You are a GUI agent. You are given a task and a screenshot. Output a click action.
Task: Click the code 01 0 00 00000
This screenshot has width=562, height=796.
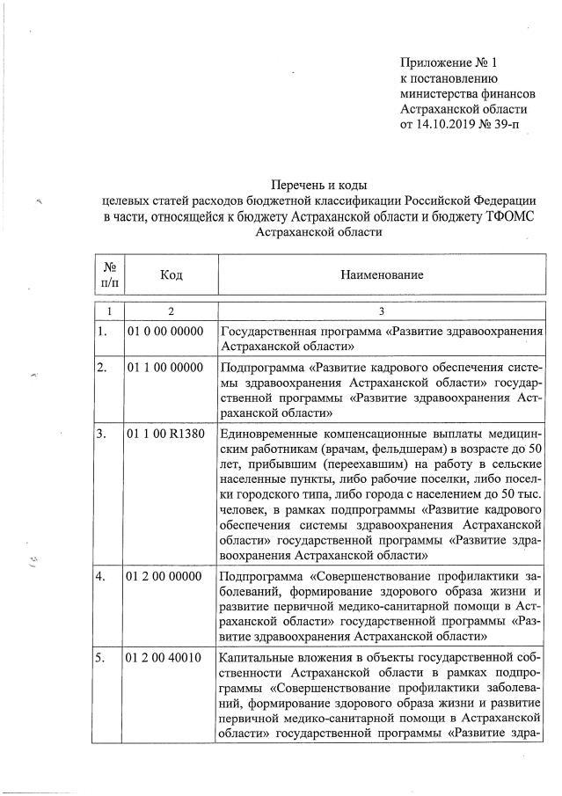coord(165,332)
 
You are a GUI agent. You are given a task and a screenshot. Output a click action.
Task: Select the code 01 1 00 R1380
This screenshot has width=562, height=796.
coord(165,433)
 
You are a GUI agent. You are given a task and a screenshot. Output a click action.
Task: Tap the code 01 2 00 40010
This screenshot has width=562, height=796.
coord(165,657)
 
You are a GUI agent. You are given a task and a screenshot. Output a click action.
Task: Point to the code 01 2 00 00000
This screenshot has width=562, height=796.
coord(165,577)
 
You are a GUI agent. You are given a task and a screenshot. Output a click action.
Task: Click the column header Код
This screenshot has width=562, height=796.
coord(171,275)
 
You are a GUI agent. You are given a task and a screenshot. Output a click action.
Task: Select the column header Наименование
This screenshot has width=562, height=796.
coord(382,275)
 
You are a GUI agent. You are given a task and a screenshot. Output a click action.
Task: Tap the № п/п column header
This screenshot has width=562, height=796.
coord(110,275)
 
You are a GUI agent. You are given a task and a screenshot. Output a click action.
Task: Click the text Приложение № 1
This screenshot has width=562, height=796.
coord(449,62)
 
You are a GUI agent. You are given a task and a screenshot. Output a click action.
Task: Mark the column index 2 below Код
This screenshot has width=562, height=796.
coord(171,310)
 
